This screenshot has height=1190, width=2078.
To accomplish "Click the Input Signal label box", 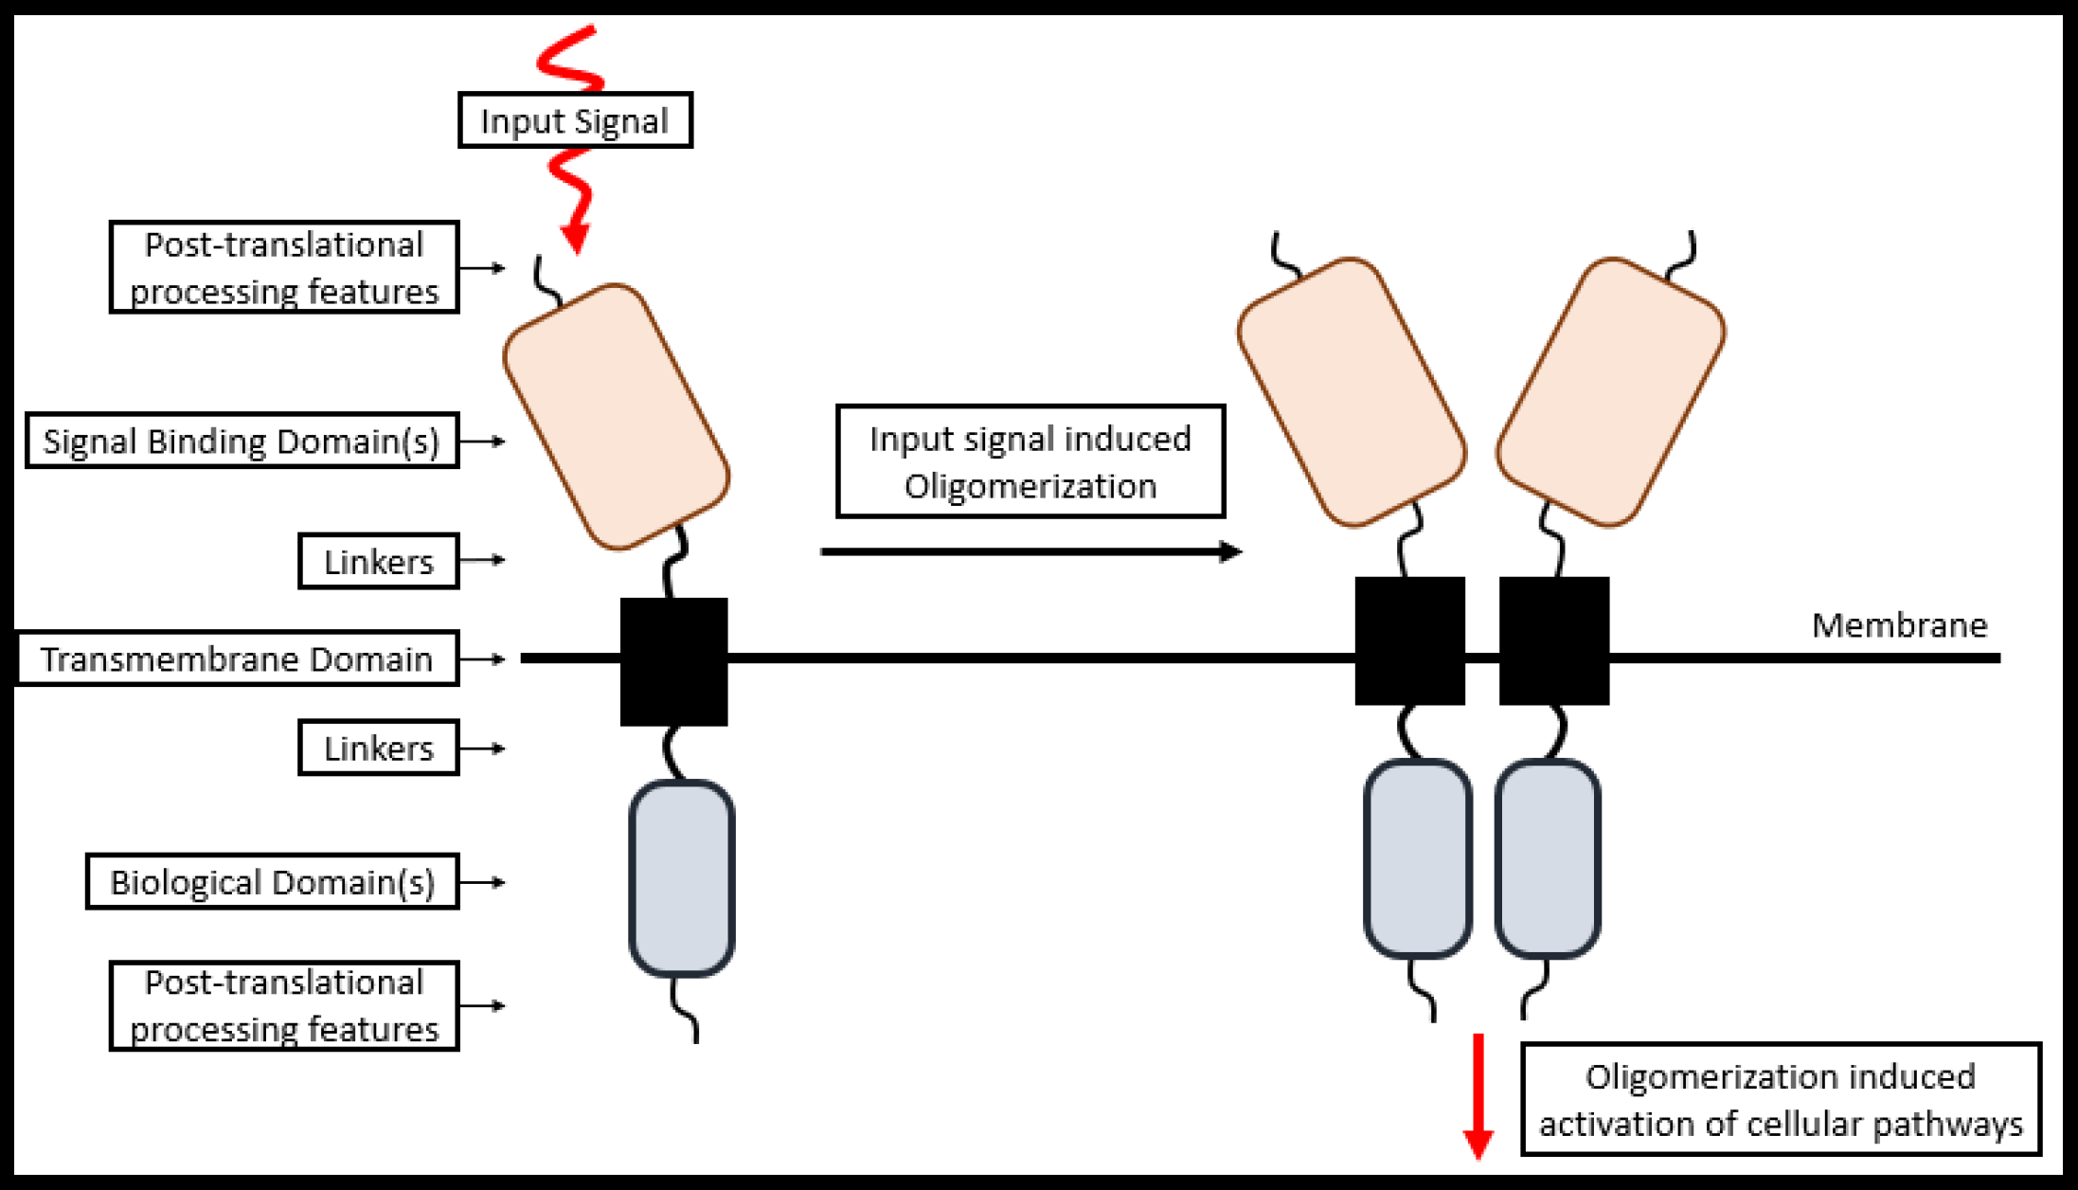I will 575,120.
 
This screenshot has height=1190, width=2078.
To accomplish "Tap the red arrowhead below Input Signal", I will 575,238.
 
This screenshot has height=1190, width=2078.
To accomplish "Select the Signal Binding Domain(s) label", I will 242,441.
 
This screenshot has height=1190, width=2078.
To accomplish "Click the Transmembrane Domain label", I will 237,658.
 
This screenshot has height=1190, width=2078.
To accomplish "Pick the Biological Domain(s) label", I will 273,882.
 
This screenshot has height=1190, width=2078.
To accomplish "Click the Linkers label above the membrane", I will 379,561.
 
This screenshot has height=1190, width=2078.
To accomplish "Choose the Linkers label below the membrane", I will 379,748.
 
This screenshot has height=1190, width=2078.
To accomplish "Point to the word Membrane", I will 1899,625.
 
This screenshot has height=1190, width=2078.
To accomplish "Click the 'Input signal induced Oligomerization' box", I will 1030,461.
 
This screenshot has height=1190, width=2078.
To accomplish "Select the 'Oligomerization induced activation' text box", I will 1781,1099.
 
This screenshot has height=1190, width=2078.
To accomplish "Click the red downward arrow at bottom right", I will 1478,1099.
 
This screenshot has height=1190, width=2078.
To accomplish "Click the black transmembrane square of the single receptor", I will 673,661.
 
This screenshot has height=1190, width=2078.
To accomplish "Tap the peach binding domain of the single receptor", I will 616,417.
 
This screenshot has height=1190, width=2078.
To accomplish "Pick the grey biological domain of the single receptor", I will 682,878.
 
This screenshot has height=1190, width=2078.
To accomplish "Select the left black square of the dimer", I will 1409,640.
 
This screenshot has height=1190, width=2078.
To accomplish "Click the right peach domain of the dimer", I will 1610,391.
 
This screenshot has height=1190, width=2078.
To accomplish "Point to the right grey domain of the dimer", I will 1548,858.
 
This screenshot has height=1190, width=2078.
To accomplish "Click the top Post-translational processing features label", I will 284,267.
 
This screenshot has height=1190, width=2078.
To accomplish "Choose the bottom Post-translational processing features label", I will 284,1005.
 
